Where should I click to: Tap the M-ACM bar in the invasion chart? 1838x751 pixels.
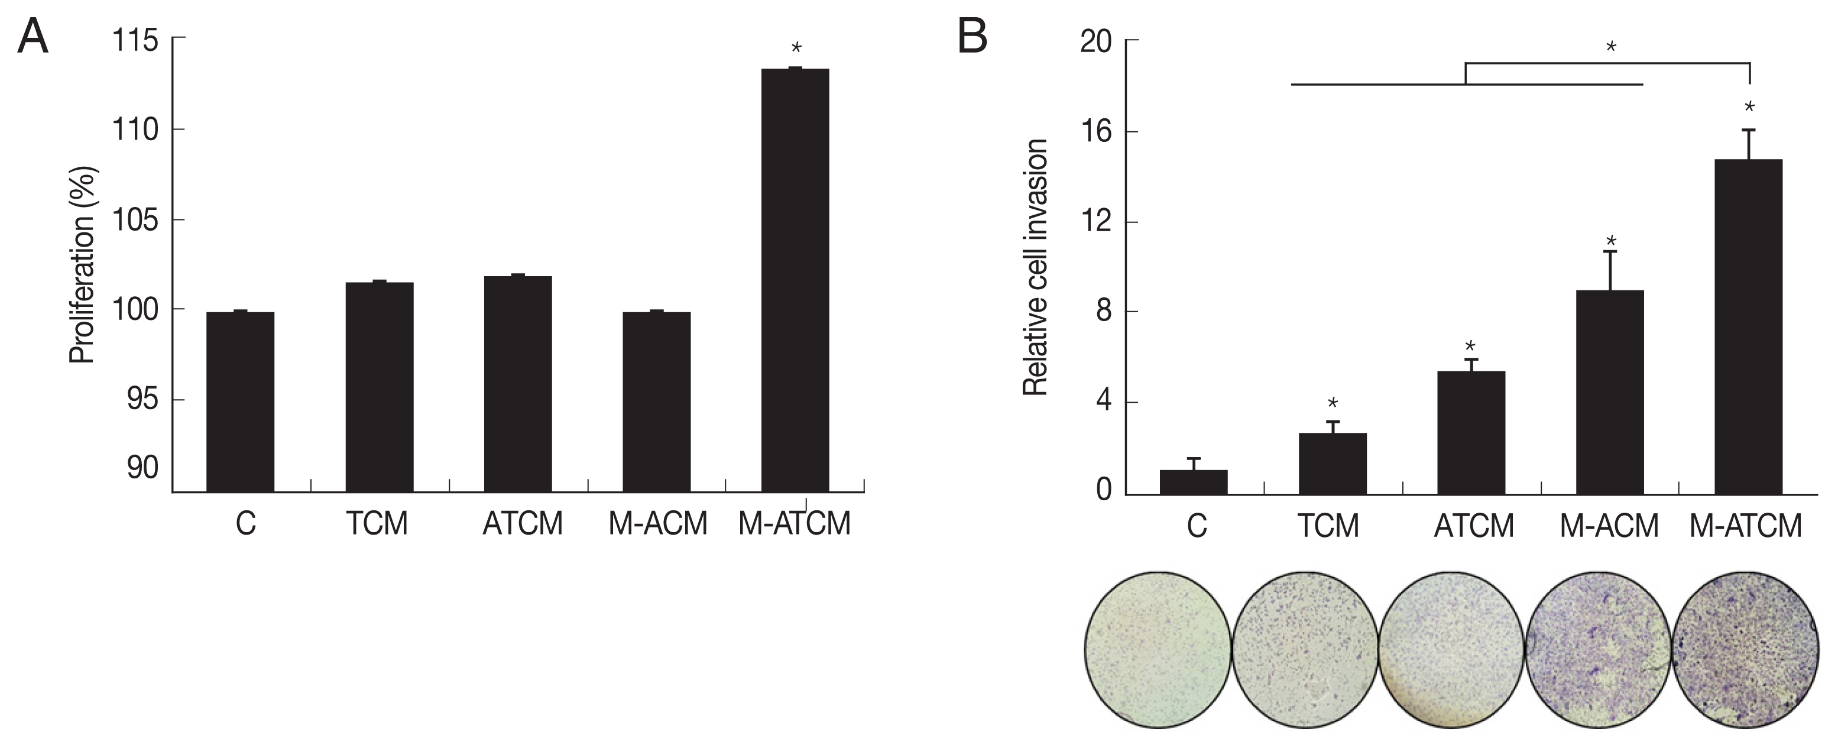tap(1610, 392)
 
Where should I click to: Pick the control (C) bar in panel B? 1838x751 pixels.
tap(1194, 482)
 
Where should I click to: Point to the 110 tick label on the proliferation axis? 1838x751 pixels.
tap(135, 130)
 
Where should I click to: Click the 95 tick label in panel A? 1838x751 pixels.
tap(142, 400)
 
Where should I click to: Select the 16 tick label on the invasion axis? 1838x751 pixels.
tap(1096, 132)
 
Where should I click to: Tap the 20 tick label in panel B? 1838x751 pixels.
tap(1096, 41)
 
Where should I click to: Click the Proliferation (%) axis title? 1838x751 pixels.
tap(82, 265)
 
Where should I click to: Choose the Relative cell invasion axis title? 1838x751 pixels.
tap(1035, 268)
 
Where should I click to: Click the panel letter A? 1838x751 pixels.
tap(33, 37)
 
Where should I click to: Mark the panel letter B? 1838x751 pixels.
tap(972, 37)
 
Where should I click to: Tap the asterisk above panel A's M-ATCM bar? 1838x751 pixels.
tap(796, 49)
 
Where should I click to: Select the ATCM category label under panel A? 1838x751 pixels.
tap(522, 525)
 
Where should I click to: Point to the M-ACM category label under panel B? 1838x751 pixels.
tap(1609, 527)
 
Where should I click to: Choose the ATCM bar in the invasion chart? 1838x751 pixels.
tap(1471, 432)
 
